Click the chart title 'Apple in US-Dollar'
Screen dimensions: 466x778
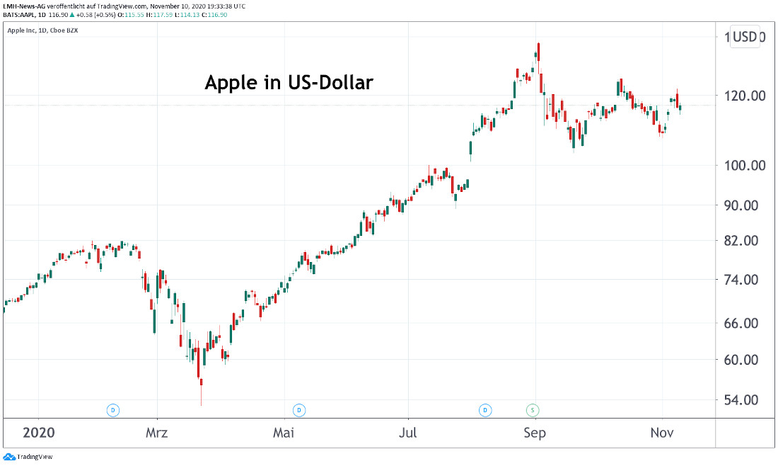click(289, 83)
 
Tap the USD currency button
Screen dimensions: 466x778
click(745, 37)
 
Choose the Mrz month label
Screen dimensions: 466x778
click(157, 433)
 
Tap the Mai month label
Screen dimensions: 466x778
click(284, 433)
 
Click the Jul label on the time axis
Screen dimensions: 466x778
click(407, 433)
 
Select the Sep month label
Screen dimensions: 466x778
click(535, 433)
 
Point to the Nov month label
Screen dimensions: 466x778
click(662, 433)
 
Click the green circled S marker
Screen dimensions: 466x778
click(532, 409)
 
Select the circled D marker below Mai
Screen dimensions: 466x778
click(299, 409)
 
